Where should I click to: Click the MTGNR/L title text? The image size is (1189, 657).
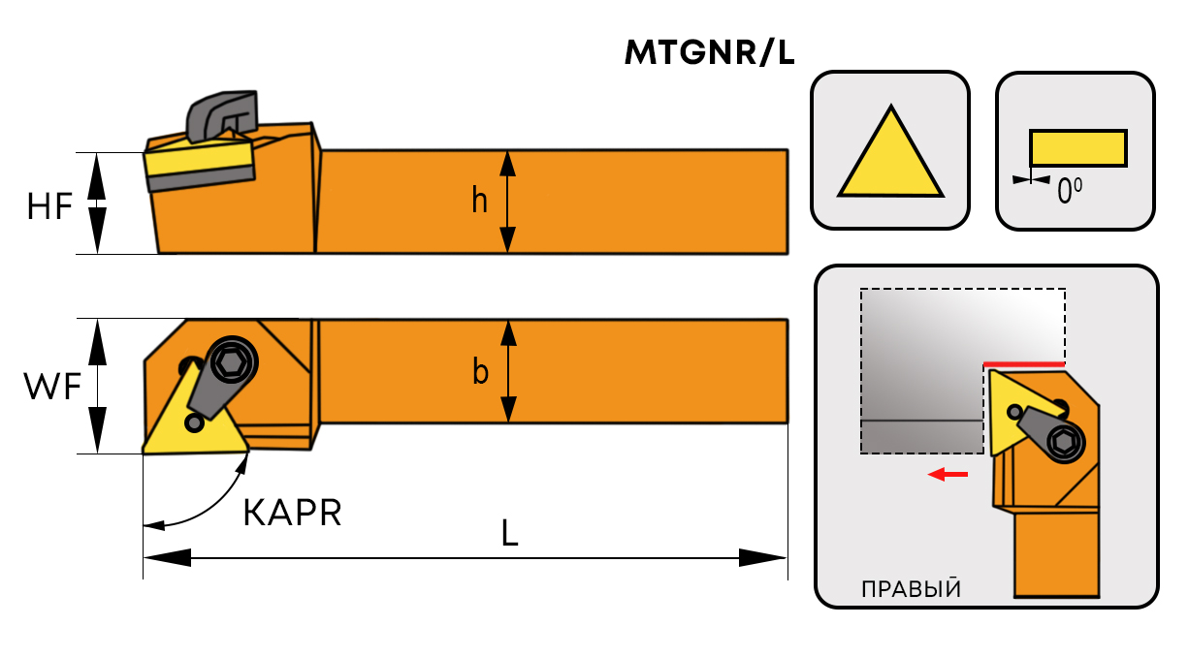[x=710, y=54]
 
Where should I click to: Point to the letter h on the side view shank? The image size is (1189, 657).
[x=479, y=201]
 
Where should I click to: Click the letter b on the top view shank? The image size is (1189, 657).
[x=480, y=371]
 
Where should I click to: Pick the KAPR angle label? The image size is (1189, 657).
[x=292, y=513]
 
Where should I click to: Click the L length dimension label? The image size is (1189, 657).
[x=510, y=533]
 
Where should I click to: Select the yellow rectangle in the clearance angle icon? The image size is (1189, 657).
[x=1077, y=148]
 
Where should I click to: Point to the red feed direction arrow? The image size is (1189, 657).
[x=948, y=474]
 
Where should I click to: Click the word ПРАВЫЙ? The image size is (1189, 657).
[x=910, y=588]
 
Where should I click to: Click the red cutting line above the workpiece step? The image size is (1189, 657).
[x=1024, y=363]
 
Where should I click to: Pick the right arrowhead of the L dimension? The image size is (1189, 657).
[x=762, y=557]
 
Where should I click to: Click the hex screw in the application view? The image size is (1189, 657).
[x=1065, y=443]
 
